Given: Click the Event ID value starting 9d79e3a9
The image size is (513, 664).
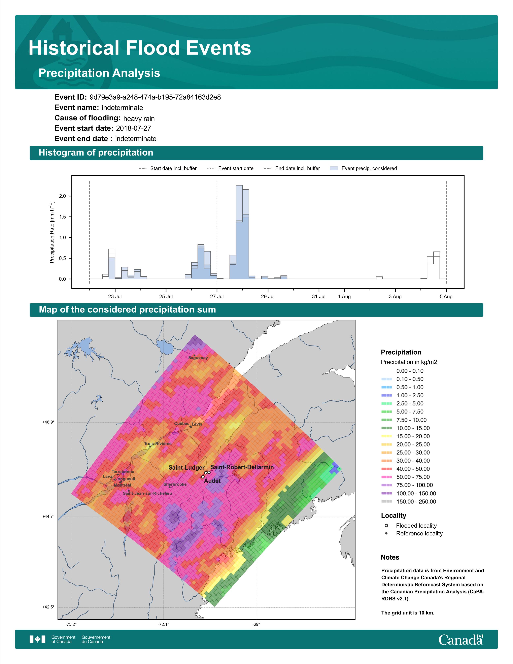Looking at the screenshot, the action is coord(155,97).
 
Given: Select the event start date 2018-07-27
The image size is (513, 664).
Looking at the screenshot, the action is coord(133,128).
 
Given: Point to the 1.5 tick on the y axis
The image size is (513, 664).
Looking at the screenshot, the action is coord(62,217).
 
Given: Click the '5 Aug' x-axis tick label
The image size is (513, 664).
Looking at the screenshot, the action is coord(446,296).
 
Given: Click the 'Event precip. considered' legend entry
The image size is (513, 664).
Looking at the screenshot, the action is coord(364,168).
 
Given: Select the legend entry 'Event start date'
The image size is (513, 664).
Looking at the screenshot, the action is coord(230,168).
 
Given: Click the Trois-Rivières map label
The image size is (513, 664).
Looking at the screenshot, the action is coord(158,444).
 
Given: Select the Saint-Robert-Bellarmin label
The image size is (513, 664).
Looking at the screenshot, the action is coord(242,467).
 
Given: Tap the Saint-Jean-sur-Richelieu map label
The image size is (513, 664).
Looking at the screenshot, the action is coord(147,493).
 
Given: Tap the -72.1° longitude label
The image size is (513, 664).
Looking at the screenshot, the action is coord(164,625).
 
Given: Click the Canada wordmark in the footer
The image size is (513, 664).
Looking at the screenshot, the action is coord(461,640).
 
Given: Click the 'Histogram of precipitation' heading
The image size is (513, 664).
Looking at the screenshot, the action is coord(96,153).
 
